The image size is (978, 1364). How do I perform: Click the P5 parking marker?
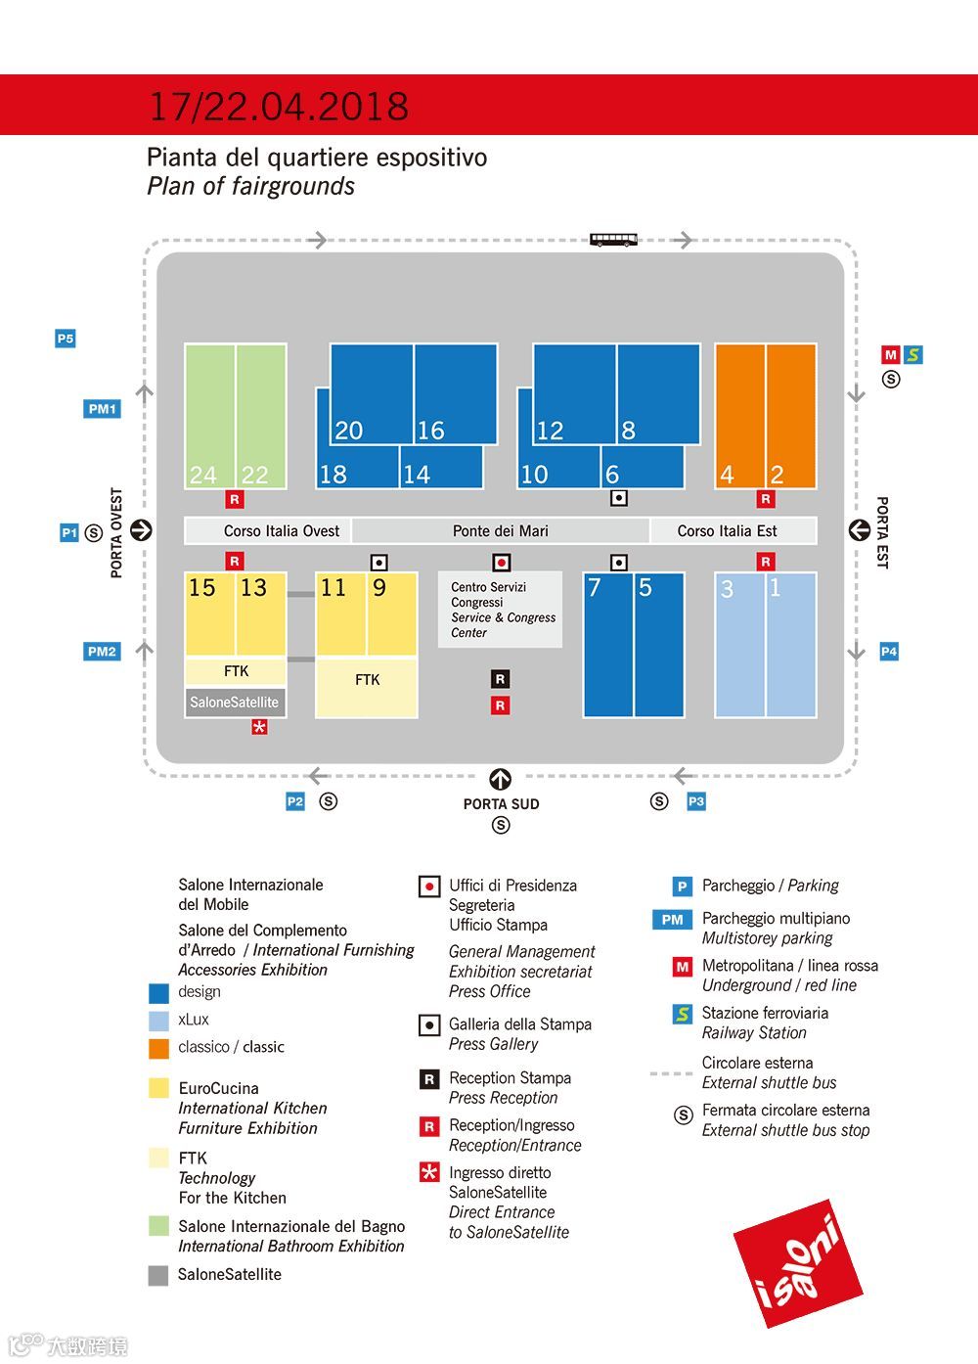pos(65,339)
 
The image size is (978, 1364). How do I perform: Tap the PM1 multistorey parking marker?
pos(102,409)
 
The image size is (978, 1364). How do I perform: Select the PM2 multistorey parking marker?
pos(102,651)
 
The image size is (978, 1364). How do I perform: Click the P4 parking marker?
pos(888,651)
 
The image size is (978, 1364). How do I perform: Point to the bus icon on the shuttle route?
pos(614,239)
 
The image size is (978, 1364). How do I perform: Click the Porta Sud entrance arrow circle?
pos(501,780)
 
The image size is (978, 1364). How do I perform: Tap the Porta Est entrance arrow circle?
pos(859,530)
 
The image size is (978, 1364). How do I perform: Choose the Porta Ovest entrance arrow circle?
pos(142,530)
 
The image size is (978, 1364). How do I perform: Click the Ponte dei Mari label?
pos(500,530)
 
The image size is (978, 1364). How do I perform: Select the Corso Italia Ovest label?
pos(282,530)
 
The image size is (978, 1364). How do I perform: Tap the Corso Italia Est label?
pos(727,530)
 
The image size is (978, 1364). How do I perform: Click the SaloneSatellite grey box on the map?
pos(235,703)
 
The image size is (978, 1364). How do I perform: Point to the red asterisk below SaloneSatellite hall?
pos(259,727)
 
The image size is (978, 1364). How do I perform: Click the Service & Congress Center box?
pos(501,610)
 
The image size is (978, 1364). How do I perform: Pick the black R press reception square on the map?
pos(500,679)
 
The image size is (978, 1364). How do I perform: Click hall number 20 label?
pos(348,431)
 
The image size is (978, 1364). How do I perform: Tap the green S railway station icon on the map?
pos(912,355)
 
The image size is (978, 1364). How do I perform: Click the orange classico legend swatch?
pos(158,1048)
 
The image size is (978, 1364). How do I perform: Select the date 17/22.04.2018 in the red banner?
pos(279,106)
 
